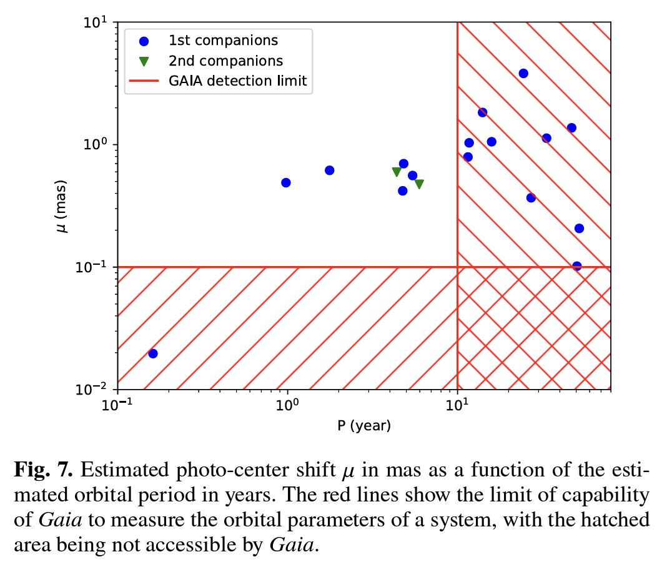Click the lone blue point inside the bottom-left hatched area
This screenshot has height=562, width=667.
click(x=152, y=353)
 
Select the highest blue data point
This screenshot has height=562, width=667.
click(x=523, y=74)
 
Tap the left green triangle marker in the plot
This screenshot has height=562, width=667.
click(x=397, y=172)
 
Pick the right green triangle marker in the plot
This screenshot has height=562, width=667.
click(x=419, y=184)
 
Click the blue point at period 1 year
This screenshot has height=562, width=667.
click(x=286, y=183)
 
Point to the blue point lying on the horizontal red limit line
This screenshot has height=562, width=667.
click(x=577, y=266)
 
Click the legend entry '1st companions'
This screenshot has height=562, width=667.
click(x=223, y=41)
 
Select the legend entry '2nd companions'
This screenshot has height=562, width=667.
click(x=225, y=61)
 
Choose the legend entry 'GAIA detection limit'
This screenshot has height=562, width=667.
click(x=237, y=81)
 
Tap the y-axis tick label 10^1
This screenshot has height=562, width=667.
click(x=96, y=22)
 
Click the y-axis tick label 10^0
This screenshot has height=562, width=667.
click(x=96, y=144)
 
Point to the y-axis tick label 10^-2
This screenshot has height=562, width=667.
click(x=94, y=389)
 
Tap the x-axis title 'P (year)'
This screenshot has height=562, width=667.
click(x=364, y=426)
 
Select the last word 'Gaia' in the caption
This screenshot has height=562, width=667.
click(x=292, y=545)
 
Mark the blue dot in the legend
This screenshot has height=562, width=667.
click(x=144, y=41)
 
